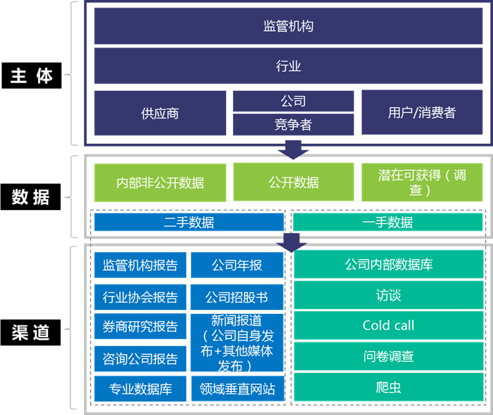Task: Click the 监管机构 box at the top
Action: [288, 26]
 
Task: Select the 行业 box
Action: [288, 66]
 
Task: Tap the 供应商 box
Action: [160, 113]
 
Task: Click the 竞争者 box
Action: [293, 125]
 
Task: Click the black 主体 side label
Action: [32, 76]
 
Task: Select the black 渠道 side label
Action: [32, 332]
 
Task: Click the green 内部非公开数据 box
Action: [160, 182]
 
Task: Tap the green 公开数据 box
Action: [293, 182]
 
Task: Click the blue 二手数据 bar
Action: [189, 222]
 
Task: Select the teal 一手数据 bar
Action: [388, 222]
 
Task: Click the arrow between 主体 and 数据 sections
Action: [293, 149]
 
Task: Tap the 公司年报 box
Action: [237, 265]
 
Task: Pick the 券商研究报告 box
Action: [140, 326]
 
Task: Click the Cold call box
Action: [388, 325]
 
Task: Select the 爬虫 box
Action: [388, 387]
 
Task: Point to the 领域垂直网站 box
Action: [237, 389]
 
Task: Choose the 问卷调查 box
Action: [388, 356]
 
